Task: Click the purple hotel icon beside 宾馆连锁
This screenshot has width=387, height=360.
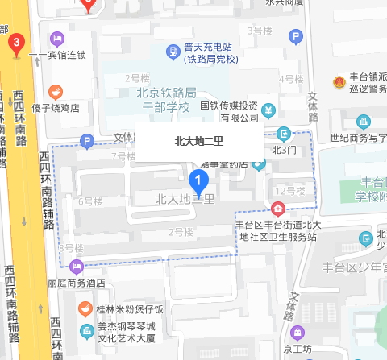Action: pos(56,38)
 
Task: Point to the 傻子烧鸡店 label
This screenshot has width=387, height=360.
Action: pos(54,106)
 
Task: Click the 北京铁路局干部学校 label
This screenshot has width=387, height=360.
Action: pos(156,101)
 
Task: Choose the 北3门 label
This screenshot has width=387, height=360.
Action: pos(285,149)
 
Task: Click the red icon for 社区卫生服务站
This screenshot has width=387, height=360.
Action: pos(278,209)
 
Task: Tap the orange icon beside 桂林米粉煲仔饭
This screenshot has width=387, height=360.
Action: pos(85,308)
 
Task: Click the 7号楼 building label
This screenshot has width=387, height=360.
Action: pos(123,155)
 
